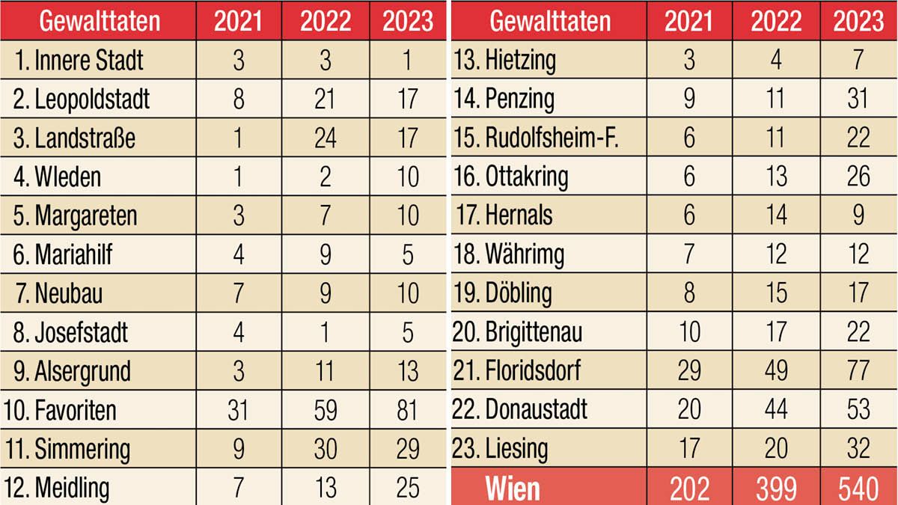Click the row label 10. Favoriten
pos(64,411)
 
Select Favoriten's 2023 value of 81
pos(407,411)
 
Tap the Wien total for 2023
pos(858,489)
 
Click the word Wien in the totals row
pos(513,489)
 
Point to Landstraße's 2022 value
pos(325,138)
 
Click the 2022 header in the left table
pos(325,21)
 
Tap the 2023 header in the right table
pos(858,21)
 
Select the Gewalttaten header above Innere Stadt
pos(100,21)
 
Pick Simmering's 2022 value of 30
pos(325,450)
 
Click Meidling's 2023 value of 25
pos(407,489)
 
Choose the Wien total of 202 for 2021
pos(688,489)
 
